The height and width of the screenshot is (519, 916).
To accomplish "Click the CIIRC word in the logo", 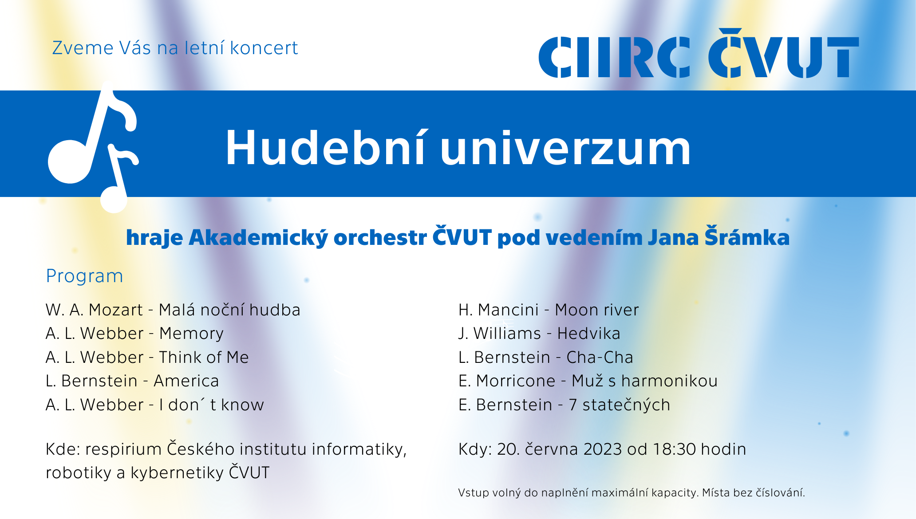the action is coord(615,57).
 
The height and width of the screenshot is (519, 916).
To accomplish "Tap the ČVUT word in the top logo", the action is coord(784,53).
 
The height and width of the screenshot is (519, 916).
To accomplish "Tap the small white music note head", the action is coord(114,200).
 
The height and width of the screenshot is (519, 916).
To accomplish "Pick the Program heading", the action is coord(84,276).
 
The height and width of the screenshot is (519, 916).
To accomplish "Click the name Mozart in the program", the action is coord(116,310).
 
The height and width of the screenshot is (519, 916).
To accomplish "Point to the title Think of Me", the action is coord(204,357).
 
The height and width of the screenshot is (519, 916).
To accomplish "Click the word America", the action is coord(186,381).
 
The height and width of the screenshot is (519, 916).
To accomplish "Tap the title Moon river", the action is coord(596,310).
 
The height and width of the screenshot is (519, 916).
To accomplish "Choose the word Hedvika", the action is coord(588,333).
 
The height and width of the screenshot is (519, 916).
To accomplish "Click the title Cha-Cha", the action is coord(600,357).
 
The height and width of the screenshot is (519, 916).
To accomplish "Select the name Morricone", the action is coord(515,381).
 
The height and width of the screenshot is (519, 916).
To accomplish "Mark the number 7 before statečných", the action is coord(572,405).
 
